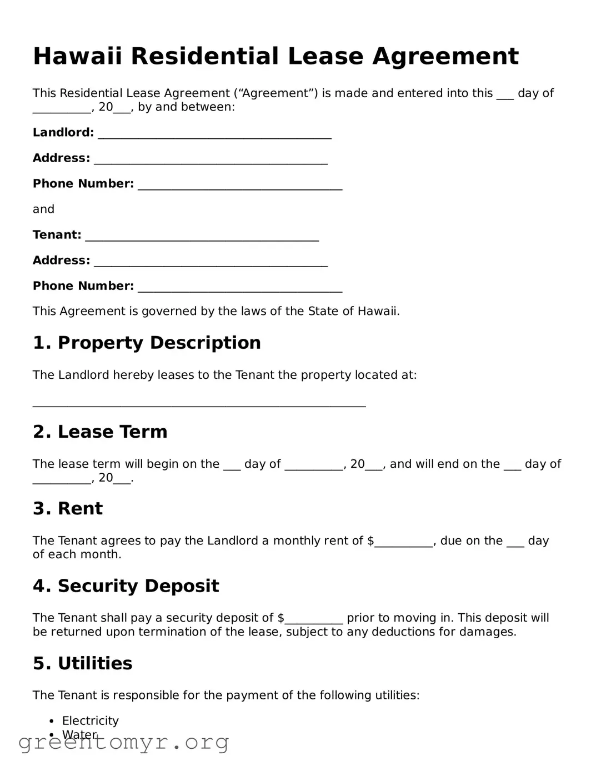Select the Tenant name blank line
click(x=202, y=237)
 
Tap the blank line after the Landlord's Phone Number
click(x=240, y=186)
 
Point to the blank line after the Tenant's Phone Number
click(x=240, y=288)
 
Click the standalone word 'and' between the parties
click(x=43, y=209)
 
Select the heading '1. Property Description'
click(x=147, y=343)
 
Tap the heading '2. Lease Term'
click(x=100, y=432)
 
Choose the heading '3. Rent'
click(x=68, y=508)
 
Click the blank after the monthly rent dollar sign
click(x=404, y=543)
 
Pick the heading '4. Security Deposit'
click(x=126, y=586)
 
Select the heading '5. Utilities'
click(x=83, y=663)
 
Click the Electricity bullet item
click(x=91, y=720)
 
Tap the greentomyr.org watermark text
click(x=123, y=742)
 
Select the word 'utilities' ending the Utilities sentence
click(x=395, y=695)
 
